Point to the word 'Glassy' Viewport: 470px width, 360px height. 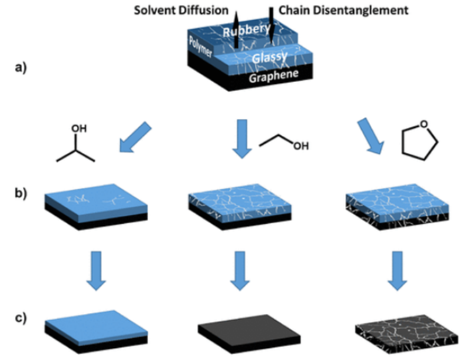(x=269, y=57)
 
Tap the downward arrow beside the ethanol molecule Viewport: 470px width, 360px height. (x=241, y=139)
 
